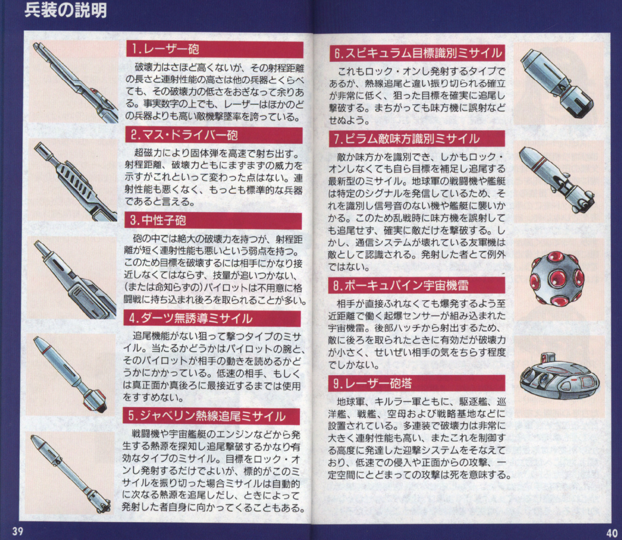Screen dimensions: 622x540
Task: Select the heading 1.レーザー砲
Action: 165,49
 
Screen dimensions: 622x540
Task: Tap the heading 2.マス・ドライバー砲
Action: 184,135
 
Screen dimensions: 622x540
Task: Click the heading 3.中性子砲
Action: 158,221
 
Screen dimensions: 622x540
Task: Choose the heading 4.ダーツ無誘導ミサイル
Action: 191,318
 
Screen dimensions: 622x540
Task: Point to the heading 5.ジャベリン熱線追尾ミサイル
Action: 207,416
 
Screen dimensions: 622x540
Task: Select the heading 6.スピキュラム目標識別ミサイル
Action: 418,53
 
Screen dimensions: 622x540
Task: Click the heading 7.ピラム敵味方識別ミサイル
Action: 407,138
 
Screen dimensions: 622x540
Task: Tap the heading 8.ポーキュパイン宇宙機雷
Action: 400,285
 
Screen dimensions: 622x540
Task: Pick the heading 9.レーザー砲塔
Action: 373,383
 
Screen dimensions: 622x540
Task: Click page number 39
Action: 18,531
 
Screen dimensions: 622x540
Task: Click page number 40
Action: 612,533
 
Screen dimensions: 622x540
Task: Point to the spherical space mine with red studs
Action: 557,278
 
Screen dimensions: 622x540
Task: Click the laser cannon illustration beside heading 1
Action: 76,83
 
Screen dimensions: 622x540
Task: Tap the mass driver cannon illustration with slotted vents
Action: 76,182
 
